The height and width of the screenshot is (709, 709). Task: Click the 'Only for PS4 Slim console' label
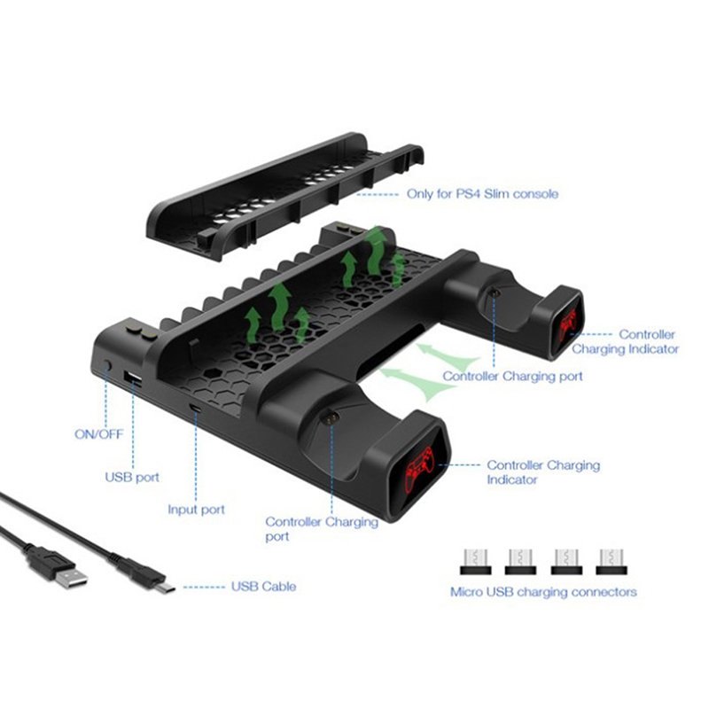482,194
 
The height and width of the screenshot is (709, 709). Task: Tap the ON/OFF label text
99,434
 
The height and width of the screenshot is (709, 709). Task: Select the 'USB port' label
132,477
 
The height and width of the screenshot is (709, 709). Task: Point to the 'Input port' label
196,510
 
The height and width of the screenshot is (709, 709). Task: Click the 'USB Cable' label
263,587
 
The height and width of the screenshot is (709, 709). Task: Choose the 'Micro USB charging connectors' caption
543,592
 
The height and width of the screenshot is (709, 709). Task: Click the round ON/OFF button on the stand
107,364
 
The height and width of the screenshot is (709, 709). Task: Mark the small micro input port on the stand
196,409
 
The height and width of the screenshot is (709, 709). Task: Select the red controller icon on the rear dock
568,324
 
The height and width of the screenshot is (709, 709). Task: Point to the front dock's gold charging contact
330,418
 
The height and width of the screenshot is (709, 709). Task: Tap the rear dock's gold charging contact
495,293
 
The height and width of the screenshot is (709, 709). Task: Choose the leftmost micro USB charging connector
475,562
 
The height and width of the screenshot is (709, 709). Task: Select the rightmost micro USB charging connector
612,562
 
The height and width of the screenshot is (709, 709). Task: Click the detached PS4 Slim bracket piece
285,196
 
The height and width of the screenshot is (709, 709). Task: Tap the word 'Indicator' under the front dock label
512,479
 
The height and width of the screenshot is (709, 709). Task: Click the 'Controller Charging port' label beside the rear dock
513,376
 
